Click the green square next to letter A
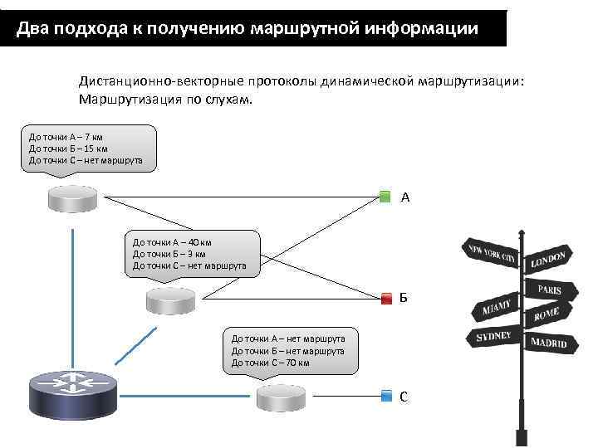[x=385, y=197]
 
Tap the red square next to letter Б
[x=385, y=298]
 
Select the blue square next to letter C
[x=385, y=396]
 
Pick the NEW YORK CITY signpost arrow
[x=493, y=255]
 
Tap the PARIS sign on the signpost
[x=549, y=290]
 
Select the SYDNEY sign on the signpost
[x=493, y=338]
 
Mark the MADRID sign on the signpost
[x=548, y=342]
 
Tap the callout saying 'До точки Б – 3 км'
[x=191, y=253]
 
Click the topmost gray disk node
[x=72, y=197]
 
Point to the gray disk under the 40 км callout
[x=171, y=300]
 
